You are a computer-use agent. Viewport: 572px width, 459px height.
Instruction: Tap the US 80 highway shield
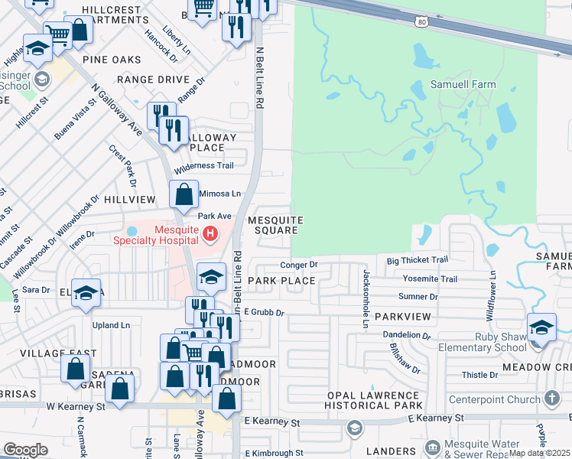click(421, 21)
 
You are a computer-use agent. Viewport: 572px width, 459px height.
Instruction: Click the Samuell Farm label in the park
click(463, 85)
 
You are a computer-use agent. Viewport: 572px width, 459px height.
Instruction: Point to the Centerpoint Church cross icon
click(553, 399)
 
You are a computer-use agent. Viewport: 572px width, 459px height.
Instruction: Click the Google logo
click(25, 450)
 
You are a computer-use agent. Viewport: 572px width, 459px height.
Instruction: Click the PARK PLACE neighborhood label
click(281, 281)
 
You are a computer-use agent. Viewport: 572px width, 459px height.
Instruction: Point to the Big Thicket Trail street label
click(417, 261)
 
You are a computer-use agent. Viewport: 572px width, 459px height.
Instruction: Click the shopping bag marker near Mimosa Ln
click(184, 195)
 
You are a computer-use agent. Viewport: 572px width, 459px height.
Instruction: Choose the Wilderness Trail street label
click(203, 166)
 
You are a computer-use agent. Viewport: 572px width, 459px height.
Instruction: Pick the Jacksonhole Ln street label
click(366, 299)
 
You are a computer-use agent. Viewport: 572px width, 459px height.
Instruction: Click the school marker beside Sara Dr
click(86, 293)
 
